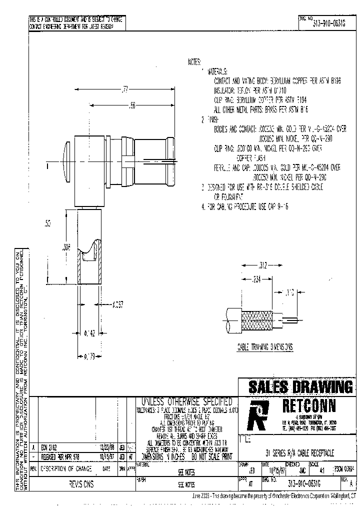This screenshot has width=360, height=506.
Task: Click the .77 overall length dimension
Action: pyautogui.click(x=125, y=90)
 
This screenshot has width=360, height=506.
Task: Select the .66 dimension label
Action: pyautogui.click(x=132, y=106)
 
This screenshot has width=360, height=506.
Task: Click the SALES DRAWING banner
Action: pyautogui.click(x=300, y=386)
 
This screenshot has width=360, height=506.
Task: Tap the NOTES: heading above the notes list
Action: pyautogui.click(x=194, y=62)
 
